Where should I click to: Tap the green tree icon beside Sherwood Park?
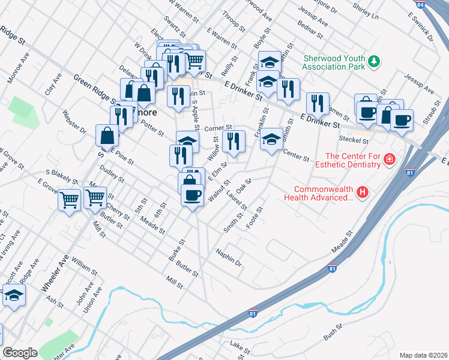[374, 61]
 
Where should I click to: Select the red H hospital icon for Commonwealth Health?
[362, 192]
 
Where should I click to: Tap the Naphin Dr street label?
[229, 258]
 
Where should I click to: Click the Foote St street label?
[255, 217]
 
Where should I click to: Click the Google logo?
[20, 353]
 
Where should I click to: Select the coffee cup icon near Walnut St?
[192, 196]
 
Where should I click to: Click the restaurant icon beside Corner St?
[234, 141]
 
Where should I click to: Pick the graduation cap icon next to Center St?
[271, 140]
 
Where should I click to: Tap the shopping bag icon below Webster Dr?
[107, 135]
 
